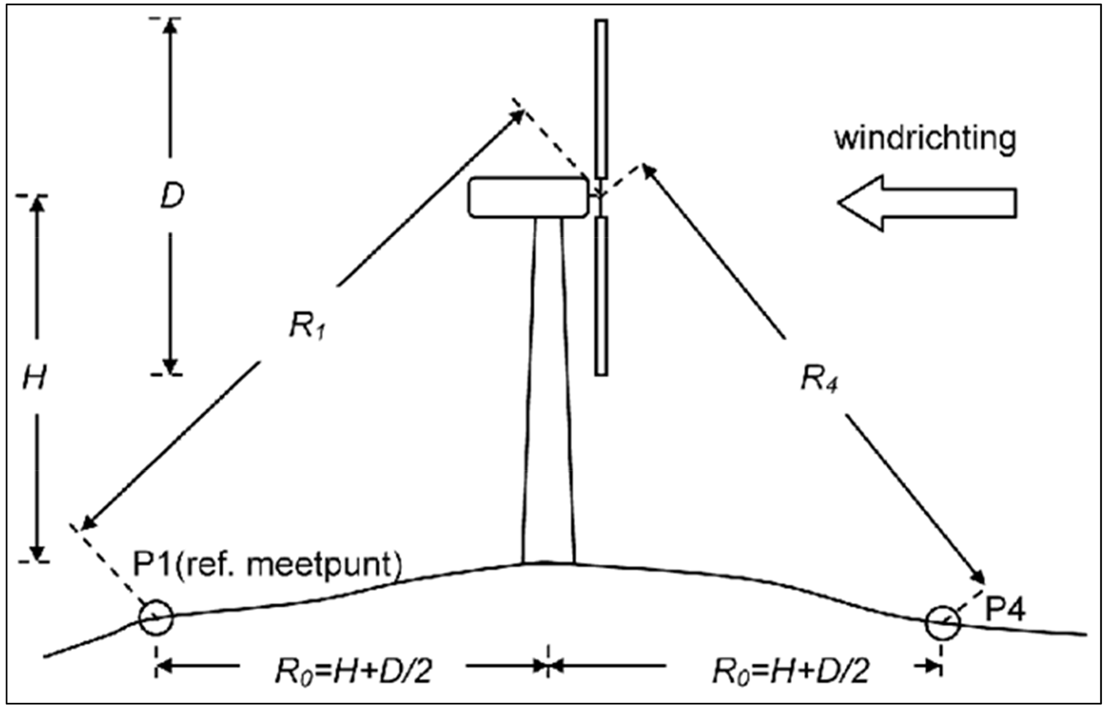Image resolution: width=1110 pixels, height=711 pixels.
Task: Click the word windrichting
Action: [x=925, y=138]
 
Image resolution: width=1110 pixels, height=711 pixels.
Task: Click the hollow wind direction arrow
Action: [x=927, y=203]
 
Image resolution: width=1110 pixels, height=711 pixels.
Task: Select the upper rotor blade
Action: [x=601, y=99]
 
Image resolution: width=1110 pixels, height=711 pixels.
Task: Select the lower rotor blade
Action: [x=601, y=296]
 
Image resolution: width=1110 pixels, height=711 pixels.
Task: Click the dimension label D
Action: [x=172, y=197]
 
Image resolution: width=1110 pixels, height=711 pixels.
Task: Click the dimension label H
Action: [x=34, y=378]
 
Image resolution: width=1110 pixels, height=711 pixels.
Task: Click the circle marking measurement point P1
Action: [x=155, y=618]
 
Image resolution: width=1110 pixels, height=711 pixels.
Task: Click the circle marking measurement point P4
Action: [x=943, y=623]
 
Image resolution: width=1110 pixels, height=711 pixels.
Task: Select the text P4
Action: [x=1006, y=608]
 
